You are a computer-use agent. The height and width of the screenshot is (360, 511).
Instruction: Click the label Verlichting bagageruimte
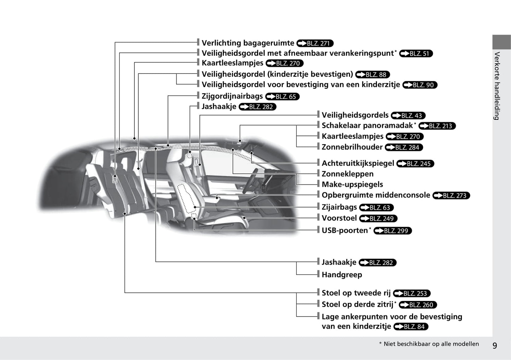248,43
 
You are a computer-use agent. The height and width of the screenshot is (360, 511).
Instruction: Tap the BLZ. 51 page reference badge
416,54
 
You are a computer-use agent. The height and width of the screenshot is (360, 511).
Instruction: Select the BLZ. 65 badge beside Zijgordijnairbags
282,96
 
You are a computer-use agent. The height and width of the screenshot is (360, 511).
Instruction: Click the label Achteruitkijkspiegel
358,163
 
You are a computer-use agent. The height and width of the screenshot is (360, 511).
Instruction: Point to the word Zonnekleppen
347,174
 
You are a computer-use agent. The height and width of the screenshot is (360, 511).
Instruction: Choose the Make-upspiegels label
352,184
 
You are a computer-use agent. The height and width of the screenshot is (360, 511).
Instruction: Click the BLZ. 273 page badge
451,195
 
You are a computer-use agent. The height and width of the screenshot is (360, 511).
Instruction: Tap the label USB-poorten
345,230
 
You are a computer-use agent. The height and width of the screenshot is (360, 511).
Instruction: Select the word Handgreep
342,275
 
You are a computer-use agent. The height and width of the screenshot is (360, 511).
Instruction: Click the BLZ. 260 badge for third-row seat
418,305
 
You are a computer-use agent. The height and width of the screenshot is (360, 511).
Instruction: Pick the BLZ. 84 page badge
411,327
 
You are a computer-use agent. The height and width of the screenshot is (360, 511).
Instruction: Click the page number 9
495,346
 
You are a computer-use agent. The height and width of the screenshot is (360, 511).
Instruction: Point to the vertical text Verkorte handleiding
497,86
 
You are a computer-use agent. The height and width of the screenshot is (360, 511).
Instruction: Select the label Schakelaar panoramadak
367,125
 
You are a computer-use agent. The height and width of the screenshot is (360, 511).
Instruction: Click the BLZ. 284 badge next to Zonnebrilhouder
404,147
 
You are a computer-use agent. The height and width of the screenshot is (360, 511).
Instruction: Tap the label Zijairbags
339,207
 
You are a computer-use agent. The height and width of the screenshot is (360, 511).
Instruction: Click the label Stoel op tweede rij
356,293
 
